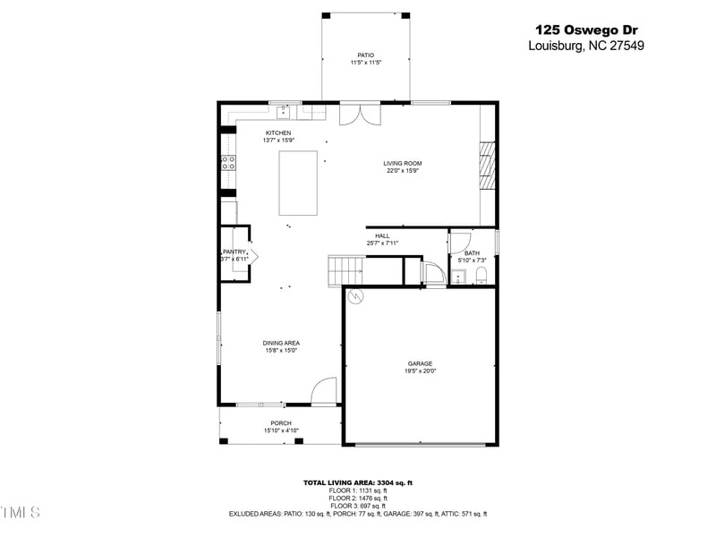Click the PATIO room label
366,55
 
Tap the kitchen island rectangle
298,183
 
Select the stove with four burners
228,163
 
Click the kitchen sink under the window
285,112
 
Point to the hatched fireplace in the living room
486,166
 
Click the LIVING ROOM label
402,163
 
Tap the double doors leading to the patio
361,115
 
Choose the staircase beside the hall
345,268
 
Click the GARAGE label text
420,363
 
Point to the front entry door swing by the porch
324,391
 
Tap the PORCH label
281,423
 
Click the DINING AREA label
281,343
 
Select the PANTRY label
234,252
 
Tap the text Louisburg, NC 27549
586,46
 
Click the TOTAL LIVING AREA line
357,482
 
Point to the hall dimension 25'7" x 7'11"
382,243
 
